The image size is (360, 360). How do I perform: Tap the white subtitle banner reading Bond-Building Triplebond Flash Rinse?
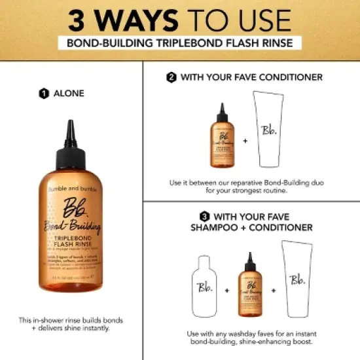click(179, 44)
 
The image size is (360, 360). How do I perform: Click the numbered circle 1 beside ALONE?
click(44, 93)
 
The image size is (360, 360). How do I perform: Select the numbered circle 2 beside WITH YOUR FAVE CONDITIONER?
click(171, 77)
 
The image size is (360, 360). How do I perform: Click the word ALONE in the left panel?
click(68, 93)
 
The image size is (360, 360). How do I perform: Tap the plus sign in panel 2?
click(245, 140)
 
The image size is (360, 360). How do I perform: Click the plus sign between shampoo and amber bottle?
click(226, 289)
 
